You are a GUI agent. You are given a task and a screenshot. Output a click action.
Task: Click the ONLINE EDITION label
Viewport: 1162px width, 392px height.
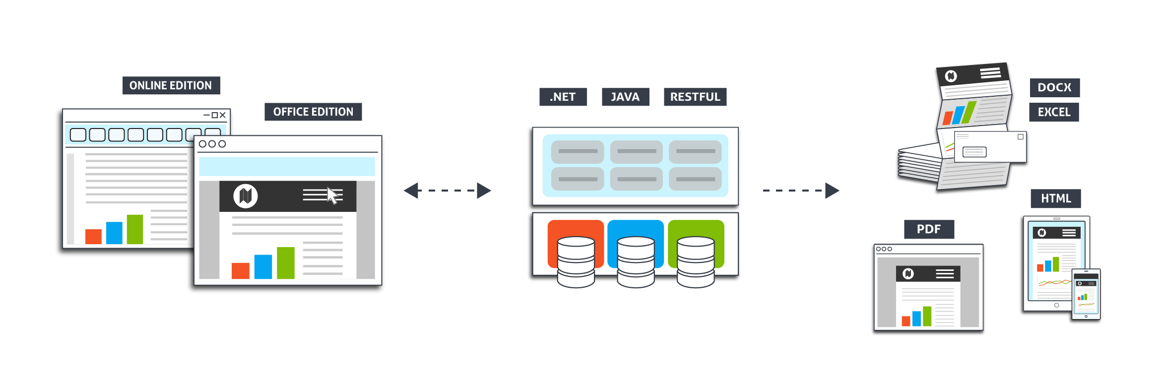tap(171, 85)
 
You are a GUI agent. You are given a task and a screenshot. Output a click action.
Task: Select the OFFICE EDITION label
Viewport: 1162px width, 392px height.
tap(313, 112)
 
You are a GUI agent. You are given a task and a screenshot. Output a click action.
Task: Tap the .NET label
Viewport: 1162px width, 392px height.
tap(563, 97)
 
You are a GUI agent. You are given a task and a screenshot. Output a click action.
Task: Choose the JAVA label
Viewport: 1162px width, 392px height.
tap(625, 97)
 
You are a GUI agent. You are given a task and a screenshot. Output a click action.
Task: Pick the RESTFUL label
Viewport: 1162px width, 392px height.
tap(695, 97)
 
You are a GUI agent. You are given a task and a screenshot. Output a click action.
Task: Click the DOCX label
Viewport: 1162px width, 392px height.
tap(1054, 87)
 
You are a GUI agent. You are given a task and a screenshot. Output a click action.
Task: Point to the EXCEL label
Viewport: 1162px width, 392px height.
tap(1054, 112)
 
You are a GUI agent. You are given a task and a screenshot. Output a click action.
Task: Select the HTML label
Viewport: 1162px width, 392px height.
tap(1055, 198)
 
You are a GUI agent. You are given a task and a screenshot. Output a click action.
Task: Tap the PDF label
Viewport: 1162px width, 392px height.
tap(928, 229)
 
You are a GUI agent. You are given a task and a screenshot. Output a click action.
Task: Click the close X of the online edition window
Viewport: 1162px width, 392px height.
tap(223, 115)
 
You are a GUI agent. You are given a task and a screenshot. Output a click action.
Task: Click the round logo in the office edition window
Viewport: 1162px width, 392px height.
tap(246, 196)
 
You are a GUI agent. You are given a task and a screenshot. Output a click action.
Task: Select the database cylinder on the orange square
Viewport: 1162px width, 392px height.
tap(576, 262)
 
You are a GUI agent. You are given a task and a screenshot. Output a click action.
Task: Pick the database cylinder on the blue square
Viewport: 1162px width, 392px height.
tap(636, 262)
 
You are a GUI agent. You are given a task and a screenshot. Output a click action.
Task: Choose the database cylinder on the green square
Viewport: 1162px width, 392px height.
tap(696, 262)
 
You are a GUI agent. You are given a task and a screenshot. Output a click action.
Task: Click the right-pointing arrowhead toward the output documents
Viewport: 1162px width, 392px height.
tap(832, 191)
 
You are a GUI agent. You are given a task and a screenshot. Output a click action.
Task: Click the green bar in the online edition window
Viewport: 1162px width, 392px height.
tap(135, 229)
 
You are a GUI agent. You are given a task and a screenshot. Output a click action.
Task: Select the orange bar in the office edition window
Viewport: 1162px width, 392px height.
tap(241, 270)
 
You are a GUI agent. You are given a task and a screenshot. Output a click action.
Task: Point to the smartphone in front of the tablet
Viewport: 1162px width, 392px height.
tap(1086, 294)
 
